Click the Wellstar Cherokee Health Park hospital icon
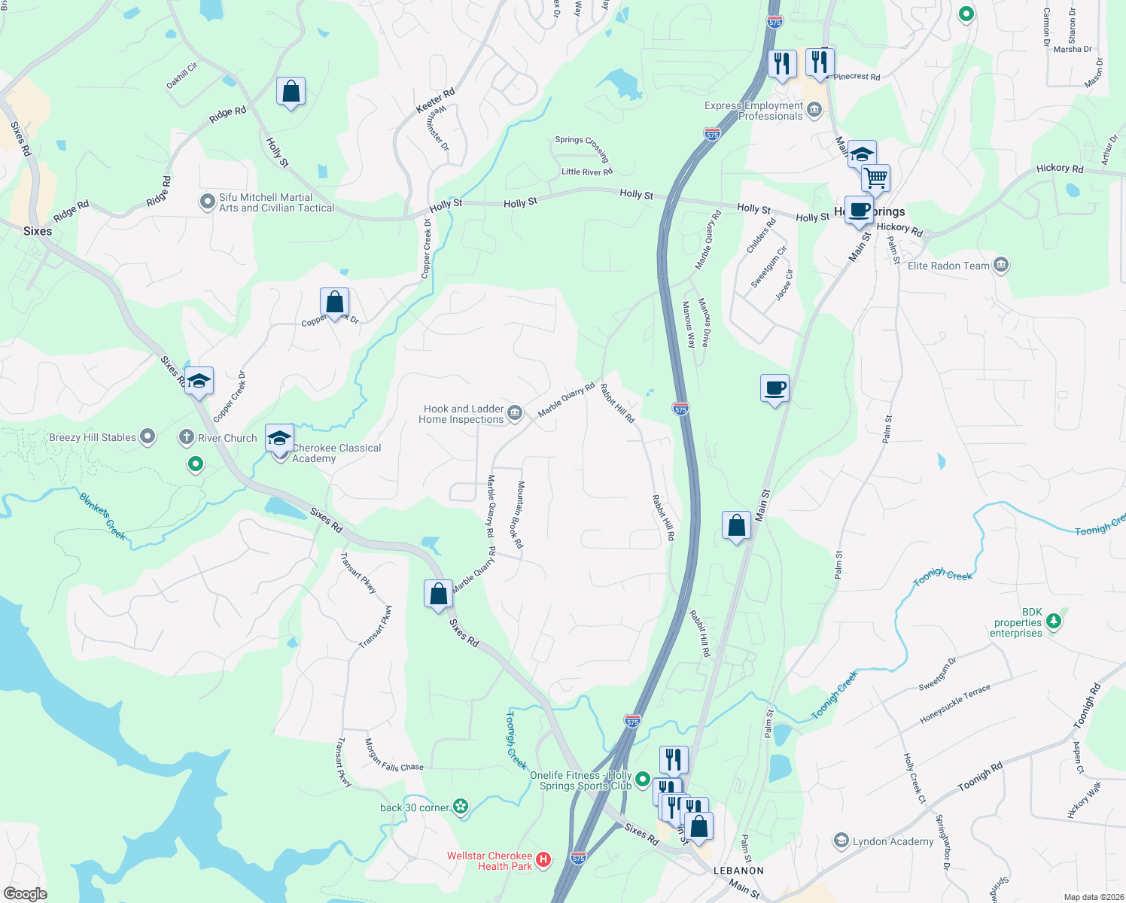[543, 859]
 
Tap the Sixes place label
[38, 231]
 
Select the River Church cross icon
[187, 437]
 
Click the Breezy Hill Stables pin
[148, 436]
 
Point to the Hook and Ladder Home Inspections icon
[515, 412]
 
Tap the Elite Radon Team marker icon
[1000, 265]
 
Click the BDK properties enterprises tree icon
[1054, 621]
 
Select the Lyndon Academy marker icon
[841, 841]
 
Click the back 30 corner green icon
[461, 807]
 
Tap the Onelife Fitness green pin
[642, 779]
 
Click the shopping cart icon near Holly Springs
[876, 179]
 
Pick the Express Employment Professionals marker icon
[814, 111]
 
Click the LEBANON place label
[738, 871]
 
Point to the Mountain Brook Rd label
[519, 515]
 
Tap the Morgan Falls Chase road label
[394, 756]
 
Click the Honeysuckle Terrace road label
[955, 704]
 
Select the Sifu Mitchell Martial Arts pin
[207, 202]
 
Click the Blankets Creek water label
[103, 515]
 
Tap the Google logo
[26, 893]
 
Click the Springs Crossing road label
[582, 148]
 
